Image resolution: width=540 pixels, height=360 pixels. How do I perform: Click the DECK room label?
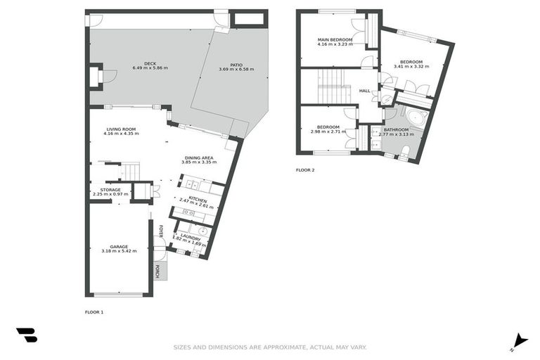click(149, 63)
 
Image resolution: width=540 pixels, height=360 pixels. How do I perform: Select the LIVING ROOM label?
click(120, 129)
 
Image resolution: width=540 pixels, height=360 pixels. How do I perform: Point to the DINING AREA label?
click(199, 157)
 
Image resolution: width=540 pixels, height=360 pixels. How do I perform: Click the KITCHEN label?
click(197, 200)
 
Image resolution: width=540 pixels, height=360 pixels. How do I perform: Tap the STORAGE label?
click(110, 190)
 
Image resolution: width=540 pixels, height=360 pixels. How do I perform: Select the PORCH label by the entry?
click(158, 271)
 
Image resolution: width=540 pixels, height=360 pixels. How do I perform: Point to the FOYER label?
click(160, 231)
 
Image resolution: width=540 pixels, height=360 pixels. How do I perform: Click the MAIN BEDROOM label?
click(335, 40)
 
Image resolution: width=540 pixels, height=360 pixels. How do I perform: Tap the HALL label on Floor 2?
click(364, 91)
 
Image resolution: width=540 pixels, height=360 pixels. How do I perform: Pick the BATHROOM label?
click(396, 129)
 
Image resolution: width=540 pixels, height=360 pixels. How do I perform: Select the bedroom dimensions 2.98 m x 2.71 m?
click(325, 131)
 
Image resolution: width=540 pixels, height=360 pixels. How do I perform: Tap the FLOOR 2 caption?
click(305, 169)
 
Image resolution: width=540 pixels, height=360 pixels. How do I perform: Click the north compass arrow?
click(520, 340)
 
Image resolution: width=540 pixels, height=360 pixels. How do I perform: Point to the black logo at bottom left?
click(26, 335)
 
